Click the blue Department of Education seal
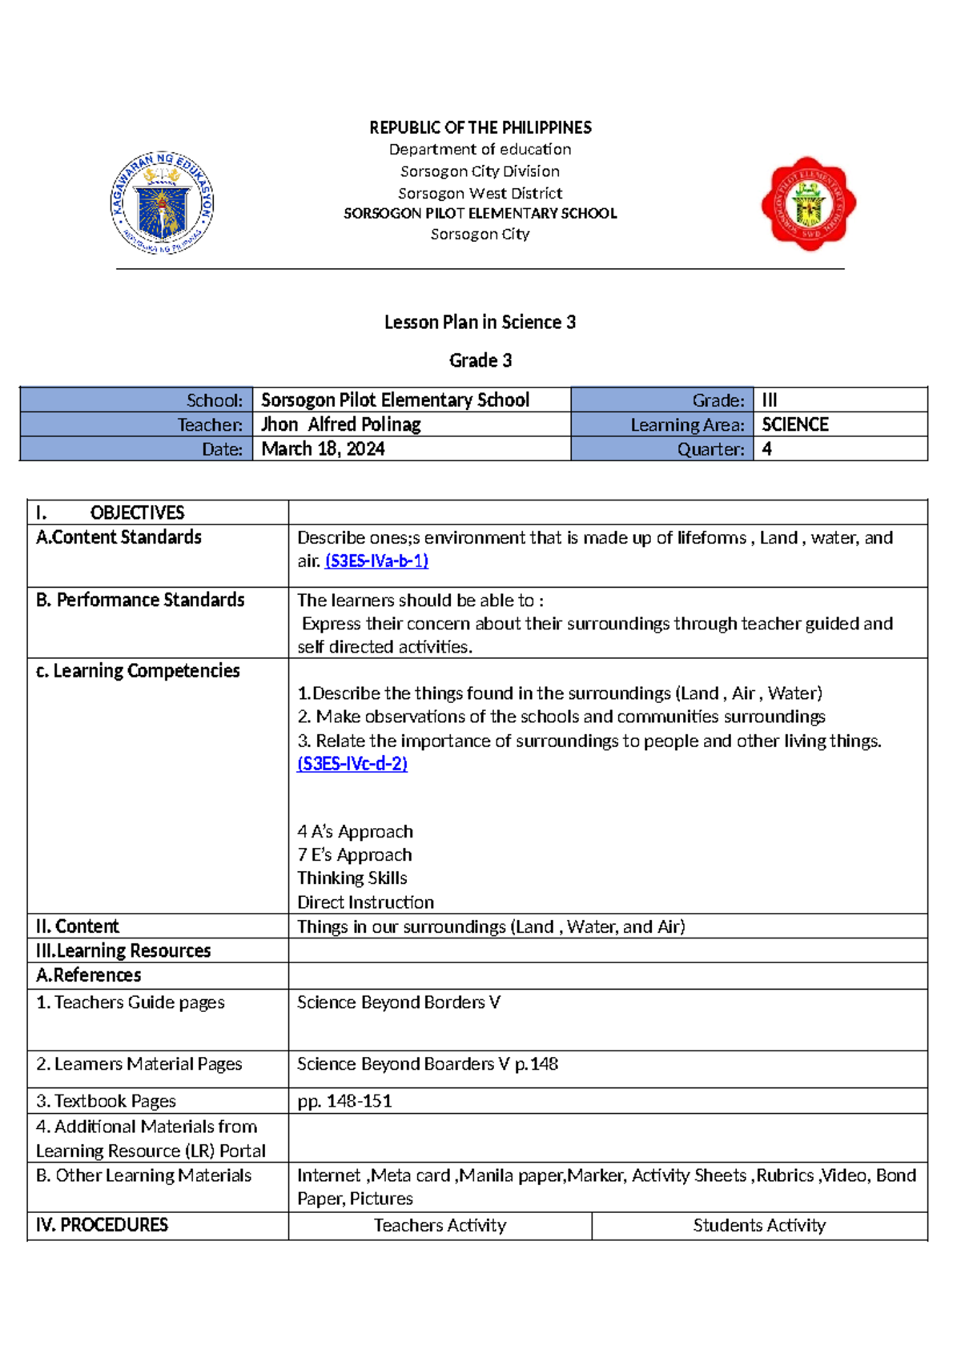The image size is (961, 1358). (163, 203)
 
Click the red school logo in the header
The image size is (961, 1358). (808, 203)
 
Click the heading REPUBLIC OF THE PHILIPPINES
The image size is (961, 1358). (480, 127)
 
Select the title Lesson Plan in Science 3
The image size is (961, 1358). (480, 322)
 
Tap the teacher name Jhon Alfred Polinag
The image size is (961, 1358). (341, 424)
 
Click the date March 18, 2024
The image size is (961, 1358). (323, 448)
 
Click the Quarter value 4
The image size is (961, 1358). (766, 448)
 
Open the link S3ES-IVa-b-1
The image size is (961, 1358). (376, 560)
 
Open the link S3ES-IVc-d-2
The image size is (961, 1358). (352, 763)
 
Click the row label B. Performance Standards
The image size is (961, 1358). (141, 600)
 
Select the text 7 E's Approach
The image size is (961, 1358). (354, 854)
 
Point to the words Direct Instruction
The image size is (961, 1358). (365, 902)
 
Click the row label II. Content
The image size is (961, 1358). (78, 926)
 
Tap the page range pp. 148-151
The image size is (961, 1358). (344, 1101)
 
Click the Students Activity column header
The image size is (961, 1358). (758, 1225)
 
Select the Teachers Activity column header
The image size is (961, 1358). (440, 1225)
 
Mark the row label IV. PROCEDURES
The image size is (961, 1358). (102, 1225)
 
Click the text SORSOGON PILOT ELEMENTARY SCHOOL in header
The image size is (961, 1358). (480, 213)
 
